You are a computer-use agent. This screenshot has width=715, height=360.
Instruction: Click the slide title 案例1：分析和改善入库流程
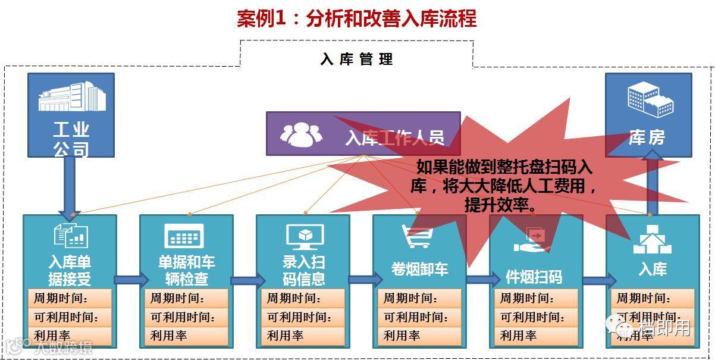click(x=357, y=19)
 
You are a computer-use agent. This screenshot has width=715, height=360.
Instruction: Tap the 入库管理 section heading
click(x=357, y=60)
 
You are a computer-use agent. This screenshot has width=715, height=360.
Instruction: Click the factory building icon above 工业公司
click(x=71, y=97)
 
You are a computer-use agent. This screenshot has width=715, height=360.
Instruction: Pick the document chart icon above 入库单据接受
click(x=71, y=236)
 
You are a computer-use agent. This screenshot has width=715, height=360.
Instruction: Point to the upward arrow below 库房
click(x=653, y=181)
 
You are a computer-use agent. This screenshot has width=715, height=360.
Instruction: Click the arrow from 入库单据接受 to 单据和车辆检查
click(x=129, y=280)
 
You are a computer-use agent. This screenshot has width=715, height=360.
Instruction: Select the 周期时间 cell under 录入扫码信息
click(x=303, y=299)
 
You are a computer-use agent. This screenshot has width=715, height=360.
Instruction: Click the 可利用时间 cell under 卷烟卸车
click(x=419, y=317)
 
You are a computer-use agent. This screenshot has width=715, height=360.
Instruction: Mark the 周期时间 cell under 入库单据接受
click(x=70, y=299)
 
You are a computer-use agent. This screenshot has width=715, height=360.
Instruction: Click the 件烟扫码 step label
click(x=534, y=277)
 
